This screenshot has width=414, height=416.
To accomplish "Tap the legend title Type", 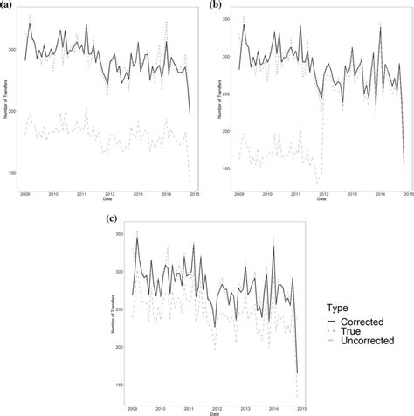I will (x=337, y=308).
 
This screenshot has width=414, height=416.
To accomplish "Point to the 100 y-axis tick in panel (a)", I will (x=12, y=172).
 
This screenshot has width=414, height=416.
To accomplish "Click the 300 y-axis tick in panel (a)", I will (x=12, y=50).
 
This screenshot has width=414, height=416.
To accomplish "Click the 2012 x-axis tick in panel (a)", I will (x=109, y=193).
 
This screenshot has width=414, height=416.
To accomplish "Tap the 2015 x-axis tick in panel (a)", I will (x=192, y=193).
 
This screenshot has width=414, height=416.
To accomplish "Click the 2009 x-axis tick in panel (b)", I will (x=238, y=194).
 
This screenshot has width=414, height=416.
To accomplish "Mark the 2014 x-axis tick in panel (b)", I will (x=380, y=194).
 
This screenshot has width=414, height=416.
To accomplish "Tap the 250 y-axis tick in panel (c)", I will (x=118, y=310).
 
